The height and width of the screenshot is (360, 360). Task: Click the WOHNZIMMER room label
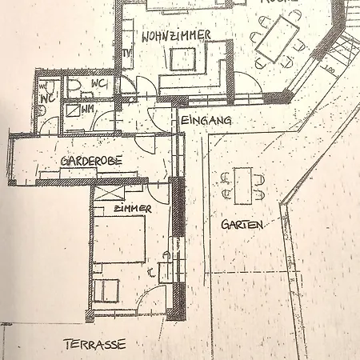(176, 36)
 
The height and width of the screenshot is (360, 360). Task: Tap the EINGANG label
(206, 120)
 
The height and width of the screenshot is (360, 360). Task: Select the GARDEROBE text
(92, 160)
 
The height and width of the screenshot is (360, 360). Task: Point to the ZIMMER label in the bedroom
(132, 208)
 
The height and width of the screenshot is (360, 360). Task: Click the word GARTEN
(242, 226)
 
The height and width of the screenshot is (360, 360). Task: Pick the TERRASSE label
(94, 345)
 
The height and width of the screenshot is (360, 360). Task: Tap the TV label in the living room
(126, 54)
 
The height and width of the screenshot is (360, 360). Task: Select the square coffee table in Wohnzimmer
(183, 58)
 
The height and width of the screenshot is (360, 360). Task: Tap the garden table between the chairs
(243, 185)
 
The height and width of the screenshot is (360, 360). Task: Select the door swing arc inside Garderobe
(146, 144)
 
